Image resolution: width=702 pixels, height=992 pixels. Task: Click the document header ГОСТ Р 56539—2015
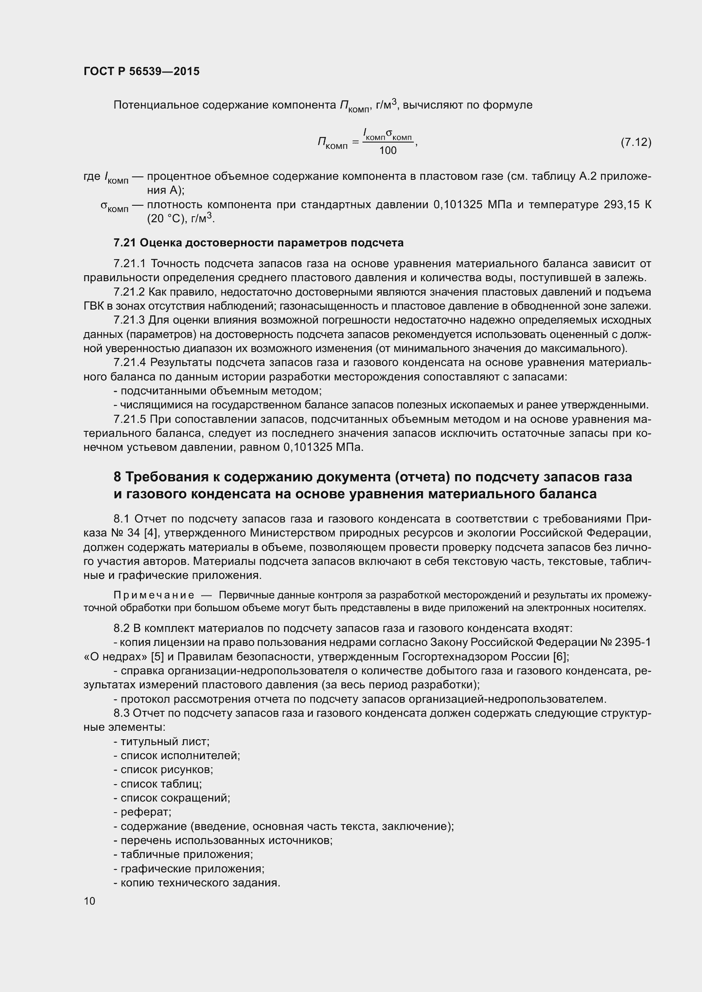141,71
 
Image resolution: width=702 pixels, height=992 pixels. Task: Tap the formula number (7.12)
635,142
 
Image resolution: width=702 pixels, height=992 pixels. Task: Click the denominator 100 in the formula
388,151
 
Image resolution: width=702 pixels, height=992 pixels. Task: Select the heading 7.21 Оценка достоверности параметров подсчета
258,243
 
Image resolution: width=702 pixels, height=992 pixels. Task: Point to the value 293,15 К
627,205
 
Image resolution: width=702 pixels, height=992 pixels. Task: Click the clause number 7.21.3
129,320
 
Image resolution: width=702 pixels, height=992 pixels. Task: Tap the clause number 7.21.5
129,419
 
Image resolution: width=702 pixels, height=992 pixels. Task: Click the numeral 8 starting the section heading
118,477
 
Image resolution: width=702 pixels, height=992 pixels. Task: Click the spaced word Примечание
154,595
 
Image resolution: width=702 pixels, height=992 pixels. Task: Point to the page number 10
90,901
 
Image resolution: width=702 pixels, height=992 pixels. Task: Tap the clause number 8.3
122,713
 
